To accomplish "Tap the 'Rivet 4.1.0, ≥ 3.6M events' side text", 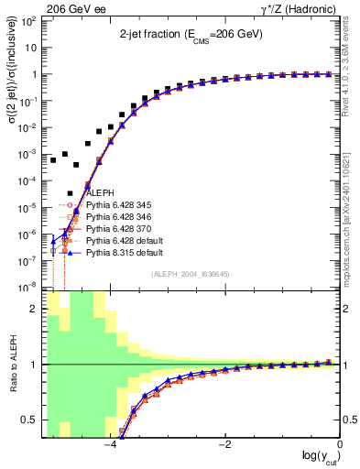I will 349,69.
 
